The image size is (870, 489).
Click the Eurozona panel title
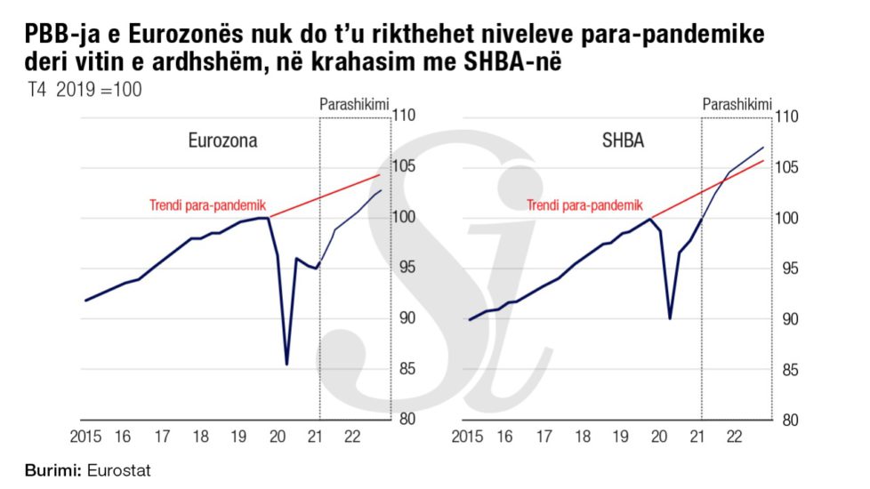tap(227, 141)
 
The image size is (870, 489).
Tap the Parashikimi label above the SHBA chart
tap(736, 106)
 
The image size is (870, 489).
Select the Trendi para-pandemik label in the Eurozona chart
tap(207, 204)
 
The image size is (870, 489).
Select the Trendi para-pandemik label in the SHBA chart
tap(584, 204)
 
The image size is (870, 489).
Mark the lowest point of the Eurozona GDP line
tap(286, 364)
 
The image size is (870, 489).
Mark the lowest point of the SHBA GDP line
tap(669, 317)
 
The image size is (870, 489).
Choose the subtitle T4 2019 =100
tap(86, 90)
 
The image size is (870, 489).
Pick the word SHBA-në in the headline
tap(523, 64)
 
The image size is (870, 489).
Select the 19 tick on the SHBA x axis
tap(619, 437)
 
